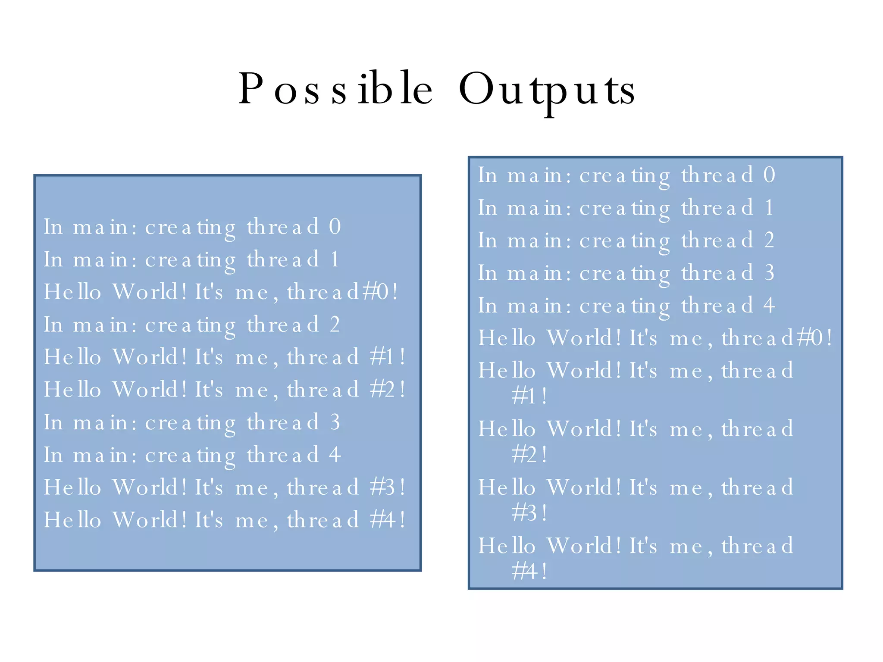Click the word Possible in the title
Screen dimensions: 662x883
pyautogui.click(x=335, y=89)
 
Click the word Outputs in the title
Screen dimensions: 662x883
pyautogui.click(x=546, y=90)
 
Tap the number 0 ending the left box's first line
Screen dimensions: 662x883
pyautogui.click(x=335, y=226)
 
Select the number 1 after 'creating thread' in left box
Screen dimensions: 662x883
pyautogui.click(x=335, y=259)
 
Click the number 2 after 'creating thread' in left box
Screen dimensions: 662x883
pyautogui.click(x=335, y=324)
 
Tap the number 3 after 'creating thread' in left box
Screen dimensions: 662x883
pyautogui.click(x=335, y=422)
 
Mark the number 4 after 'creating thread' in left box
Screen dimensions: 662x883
pyautogui.click(x=335, y=455)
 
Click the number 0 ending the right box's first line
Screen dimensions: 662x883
pyautogui.click(x=769, y=175)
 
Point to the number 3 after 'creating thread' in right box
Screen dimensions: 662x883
pyautogui.click(x=769, y=273)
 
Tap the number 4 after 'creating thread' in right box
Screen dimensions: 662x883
pyautogui.click(x=769, y=305)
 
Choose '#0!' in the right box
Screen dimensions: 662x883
pyautogui.click(x=814, y=338)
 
